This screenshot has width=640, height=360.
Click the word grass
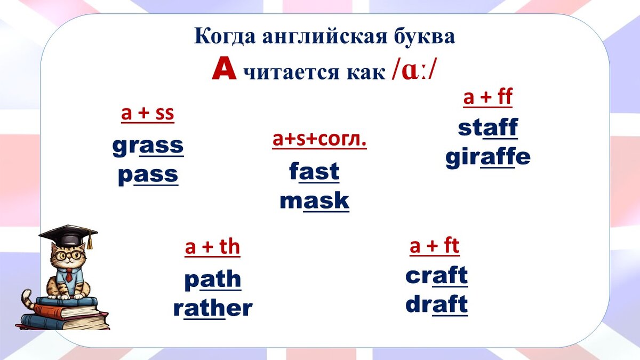click(x=148, y=146)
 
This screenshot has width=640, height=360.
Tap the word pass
click(x=148, y=175)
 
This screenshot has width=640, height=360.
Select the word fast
click(x=314, y=172)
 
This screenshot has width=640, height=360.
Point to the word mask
click(x=314, y=201)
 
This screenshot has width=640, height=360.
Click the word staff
click(x=487, y=128)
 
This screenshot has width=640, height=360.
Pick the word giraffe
click(x=487, y=157)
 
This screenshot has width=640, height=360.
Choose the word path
click(x=212, y=280)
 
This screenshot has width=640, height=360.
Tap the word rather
click(x=212, y=308)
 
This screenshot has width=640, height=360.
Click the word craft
click(x=436, y=276)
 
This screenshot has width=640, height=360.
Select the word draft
click(x=436, y=305)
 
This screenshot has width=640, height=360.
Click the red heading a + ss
click(x=148, y=114)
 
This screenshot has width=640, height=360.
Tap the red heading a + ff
click(x=487, y=98)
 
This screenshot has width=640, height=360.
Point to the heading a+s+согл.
click(x=319, y=139)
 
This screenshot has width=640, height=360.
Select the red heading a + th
click(x=212, y=247)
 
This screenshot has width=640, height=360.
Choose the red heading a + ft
click(x=434, y=246)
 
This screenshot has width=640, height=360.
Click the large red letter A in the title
click(x=223, y=70)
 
